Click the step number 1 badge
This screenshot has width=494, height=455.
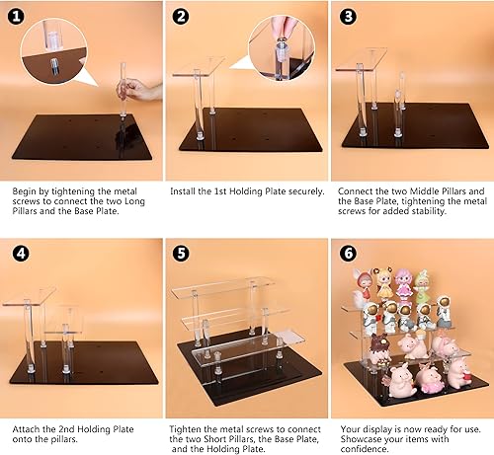coord(19,18)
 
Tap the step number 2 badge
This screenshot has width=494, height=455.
coord(182,18)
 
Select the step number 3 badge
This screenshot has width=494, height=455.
coord(347,18)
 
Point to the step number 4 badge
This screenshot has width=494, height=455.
coord(19,252)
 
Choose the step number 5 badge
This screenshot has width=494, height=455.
coord(182,252)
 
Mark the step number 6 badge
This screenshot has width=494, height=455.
coord(347,252)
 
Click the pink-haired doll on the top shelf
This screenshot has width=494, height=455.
coord(404,282)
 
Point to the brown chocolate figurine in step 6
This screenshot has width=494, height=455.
coord(380,349)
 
